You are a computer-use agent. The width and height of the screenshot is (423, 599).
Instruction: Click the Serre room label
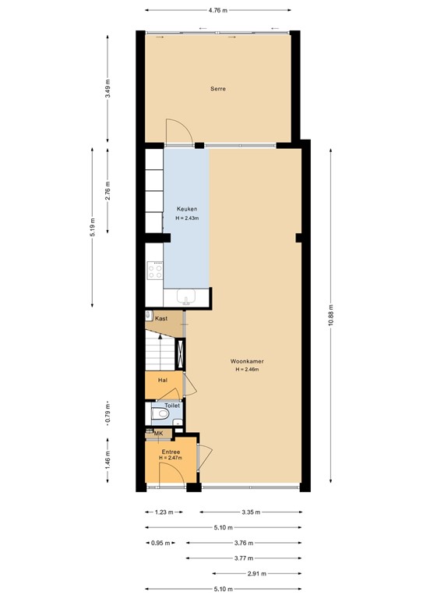point(218,89)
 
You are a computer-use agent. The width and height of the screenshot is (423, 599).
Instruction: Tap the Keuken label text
point(186,209)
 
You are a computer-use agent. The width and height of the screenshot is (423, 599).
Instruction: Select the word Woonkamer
point(246,361)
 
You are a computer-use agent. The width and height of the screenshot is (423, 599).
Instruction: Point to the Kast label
point(161,318)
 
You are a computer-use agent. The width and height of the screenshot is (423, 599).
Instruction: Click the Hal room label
point(163,380)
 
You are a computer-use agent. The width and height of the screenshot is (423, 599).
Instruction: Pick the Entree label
point(171,452)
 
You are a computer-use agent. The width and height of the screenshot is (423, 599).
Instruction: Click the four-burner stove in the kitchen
point(155,271)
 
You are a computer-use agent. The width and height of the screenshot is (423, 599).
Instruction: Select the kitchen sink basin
point(188,296)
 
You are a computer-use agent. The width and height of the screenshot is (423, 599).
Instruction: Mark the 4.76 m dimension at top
point(218,11)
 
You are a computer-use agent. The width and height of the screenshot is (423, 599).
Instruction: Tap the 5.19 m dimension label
point(92,226)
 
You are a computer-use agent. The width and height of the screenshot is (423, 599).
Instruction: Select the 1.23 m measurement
point(164,512)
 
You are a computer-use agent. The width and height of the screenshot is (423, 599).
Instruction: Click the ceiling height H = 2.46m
point(246,369)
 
